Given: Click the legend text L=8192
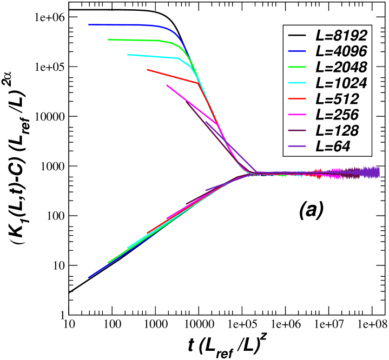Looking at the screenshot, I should pos(341,36).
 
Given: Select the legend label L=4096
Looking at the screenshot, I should pos(341,51).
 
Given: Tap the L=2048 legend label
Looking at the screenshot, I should pos(341,67).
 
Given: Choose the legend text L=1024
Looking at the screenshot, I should pos(341,83).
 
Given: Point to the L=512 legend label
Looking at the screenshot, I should pos(337,99).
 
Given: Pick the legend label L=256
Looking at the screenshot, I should pos(337,115).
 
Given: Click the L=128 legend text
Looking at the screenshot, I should pos(337,130).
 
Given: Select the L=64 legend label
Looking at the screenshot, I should pos(333,146).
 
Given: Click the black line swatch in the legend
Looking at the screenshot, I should pos(298,36).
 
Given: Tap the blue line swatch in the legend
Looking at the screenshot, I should pos(298,51).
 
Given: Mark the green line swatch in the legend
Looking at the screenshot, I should pos(298,67).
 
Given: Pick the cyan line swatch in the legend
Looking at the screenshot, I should pos(298,83).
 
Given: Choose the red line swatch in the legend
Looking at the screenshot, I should pos(298,99).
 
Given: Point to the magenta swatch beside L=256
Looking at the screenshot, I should pos(298,115).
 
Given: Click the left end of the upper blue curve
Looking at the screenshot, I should pos(89,24).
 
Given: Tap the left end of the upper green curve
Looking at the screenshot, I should pos(109,39).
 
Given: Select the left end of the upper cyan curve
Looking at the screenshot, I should pos(128,54).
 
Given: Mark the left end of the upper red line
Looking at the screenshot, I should pos(148,69).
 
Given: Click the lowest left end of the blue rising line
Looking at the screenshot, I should pos(89,277).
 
